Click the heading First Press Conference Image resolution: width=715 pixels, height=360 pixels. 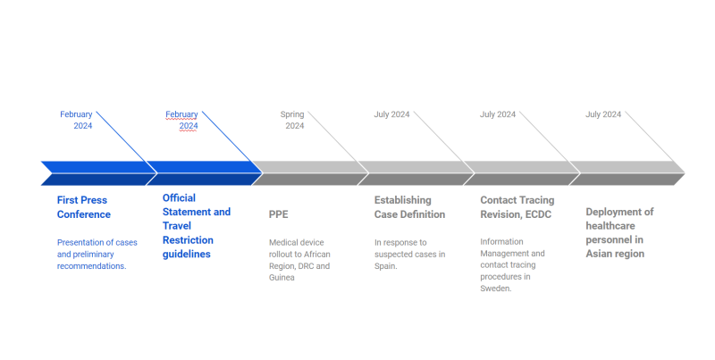point(84,207)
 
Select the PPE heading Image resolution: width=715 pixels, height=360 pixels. point(278,214)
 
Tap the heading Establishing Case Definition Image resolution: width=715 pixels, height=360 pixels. point(409,207)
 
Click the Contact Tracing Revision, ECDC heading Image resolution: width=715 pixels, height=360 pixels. point(517,207)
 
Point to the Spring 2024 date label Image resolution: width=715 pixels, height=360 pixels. point(292,120)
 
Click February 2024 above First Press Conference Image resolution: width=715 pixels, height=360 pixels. point(76,120)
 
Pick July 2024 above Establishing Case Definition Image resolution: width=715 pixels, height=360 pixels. point(391,114)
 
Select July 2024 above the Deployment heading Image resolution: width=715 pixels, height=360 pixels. point(603,114)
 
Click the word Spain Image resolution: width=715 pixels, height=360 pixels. point(385,266)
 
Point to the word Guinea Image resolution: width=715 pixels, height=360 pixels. point(282,278)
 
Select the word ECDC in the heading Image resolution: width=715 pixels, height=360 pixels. point(538,214)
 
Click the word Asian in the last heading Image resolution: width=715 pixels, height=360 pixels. point(598,254)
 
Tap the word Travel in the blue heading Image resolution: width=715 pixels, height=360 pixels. point(177,226)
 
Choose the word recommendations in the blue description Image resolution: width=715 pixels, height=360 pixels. point(91,266)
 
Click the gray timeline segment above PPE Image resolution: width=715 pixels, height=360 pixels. point(310,173)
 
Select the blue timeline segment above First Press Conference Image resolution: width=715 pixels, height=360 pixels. point(99,173)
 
